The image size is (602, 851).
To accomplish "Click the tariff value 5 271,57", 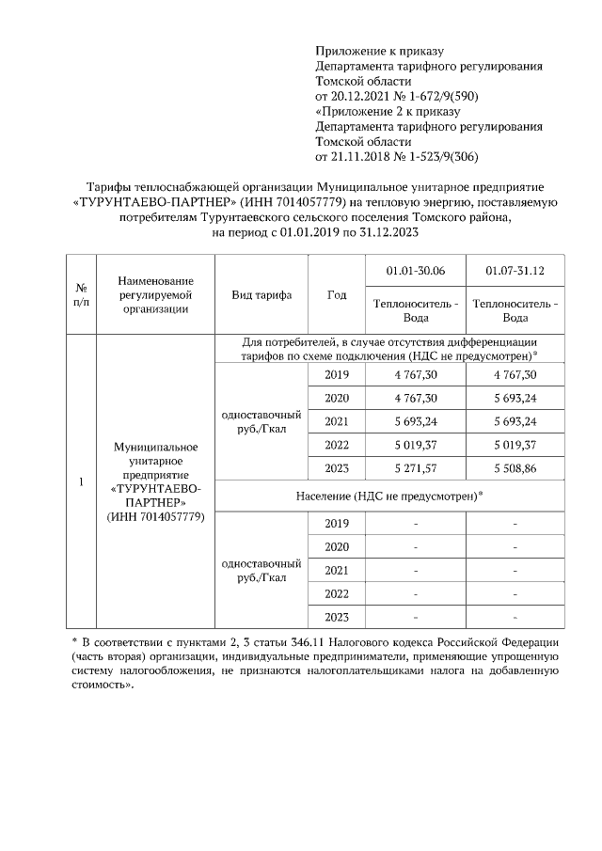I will tap(416, 468).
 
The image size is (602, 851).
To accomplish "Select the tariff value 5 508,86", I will tap(515, 468).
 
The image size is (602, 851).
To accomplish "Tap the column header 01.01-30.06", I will tap(416, 271).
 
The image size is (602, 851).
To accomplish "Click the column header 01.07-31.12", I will tap(515, 271).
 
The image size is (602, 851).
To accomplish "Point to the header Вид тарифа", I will tap(261, 294).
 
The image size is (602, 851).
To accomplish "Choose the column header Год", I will tap(337, 294).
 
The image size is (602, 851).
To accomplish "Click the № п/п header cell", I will tap(81, 294).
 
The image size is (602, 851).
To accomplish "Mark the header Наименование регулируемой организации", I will tap(156, 294).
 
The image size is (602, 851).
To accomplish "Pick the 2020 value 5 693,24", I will tap(515, 398).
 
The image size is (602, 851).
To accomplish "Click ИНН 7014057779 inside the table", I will tap(156, 517).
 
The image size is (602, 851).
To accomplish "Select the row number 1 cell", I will tap(81, 482).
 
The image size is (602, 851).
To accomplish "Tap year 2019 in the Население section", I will tap(337, 523).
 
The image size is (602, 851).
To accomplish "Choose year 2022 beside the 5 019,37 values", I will tap(337, 445).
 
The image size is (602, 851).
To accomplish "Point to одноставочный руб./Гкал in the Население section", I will tap(261, 570).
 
